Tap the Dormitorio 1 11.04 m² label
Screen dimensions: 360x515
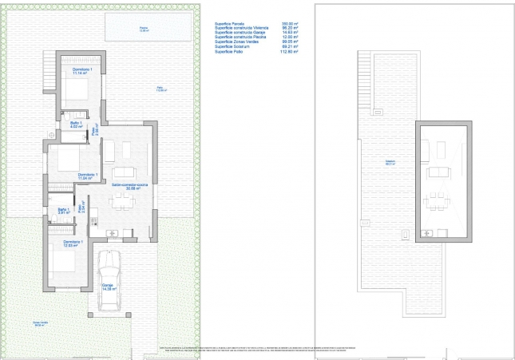87,176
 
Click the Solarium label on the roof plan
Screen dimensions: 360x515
390,163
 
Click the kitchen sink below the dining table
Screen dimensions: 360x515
114,233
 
